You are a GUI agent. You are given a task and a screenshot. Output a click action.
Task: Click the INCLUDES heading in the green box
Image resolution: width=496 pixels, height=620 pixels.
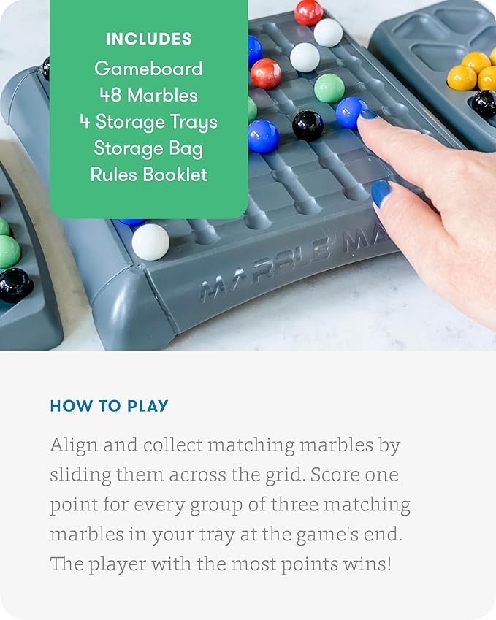tap(148, 39)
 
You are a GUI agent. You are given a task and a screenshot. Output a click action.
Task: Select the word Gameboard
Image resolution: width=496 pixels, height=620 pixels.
tap(148, 69)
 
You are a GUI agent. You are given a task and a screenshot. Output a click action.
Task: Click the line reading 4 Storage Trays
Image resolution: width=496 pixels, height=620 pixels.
tap(148, 121)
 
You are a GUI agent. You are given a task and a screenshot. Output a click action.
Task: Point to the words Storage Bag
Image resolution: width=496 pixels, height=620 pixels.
tap(148, 148)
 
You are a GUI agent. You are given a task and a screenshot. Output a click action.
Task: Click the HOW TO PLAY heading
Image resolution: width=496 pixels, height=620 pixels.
tap(109, 406)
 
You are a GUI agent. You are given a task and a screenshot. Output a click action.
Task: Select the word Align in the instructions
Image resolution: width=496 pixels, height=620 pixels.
tap(72, 445)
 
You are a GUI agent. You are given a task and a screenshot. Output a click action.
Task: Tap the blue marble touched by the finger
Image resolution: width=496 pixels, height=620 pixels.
tap(351, 112)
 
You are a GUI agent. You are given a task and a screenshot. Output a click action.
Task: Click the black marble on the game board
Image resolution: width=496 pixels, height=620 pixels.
tap(308, 126)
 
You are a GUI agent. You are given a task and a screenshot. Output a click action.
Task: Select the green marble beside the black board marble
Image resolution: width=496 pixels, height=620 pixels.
tap(329, 88)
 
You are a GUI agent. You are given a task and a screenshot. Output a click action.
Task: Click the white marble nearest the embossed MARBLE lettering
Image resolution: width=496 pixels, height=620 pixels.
tap(150, 242)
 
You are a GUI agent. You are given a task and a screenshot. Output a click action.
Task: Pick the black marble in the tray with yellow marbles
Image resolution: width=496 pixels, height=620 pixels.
tap(484, 104)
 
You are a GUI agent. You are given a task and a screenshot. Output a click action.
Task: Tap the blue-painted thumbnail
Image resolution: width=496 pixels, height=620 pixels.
tap(381, 194)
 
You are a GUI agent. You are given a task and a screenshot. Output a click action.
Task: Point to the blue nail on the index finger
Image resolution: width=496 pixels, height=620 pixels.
tap(369, 115)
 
